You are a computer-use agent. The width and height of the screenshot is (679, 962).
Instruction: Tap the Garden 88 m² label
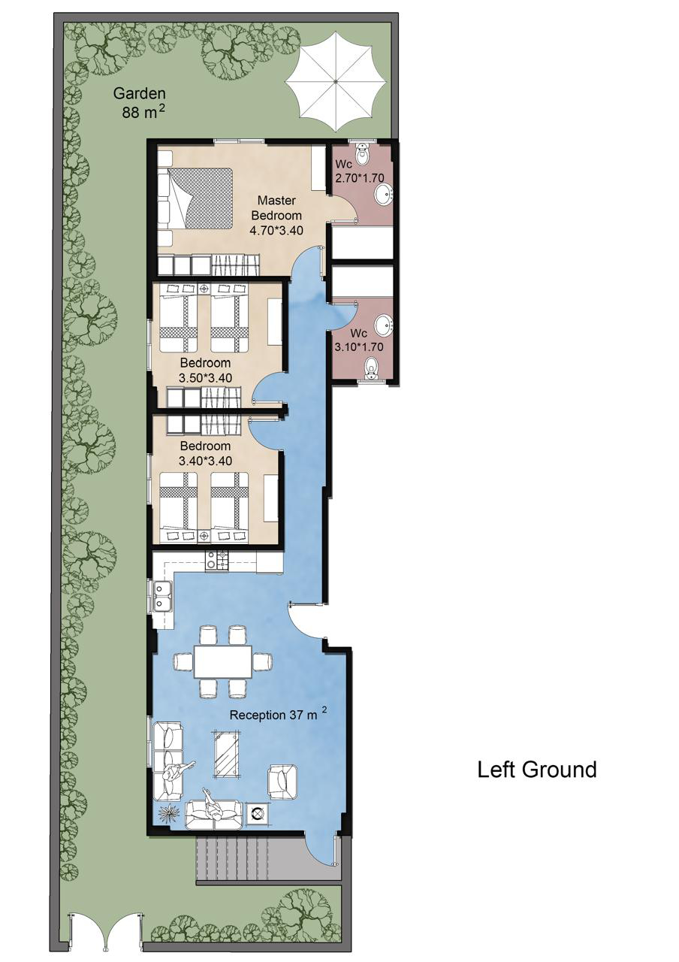click(x=140, y=103)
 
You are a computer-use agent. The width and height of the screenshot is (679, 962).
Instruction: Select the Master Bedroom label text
click(x=276, y=208)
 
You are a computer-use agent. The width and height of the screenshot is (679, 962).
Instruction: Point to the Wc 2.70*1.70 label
click(x=359, y=171)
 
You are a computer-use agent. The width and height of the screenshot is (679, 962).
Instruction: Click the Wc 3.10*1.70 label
click(x=359, y=340)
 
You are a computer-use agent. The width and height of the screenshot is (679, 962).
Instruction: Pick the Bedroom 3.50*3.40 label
click(x=205, y=371)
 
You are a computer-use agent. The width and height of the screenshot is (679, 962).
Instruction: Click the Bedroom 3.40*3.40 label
click(x=205, y=453)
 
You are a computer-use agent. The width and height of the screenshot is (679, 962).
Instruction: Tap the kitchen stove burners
click(x=217, y=561)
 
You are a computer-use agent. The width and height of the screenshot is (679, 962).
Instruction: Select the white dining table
click(x=223, y=661)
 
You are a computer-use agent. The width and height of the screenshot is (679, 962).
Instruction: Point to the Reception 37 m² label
click(x=279, y=714)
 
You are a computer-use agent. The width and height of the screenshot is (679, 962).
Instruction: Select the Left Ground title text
click(x=537, y=770)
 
